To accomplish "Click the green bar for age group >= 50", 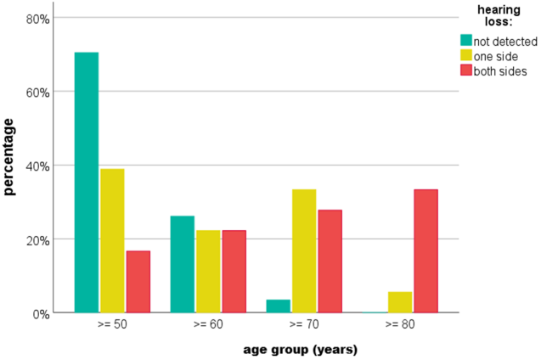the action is pos(87,183).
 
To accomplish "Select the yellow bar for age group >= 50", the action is pos(112,240).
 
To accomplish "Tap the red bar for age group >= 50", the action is pos(138,282).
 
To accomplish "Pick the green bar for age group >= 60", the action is pos(183,264).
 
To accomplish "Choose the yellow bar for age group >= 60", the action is pos(208,272).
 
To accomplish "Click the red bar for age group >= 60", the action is pos(234,272).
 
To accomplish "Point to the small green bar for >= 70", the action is pos(279,307).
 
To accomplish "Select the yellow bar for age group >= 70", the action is pos(304,251).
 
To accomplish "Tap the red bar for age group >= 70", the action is pos(330,261).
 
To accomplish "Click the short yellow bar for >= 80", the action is pos(400,302).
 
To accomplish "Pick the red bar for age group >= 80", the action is pos(426,251).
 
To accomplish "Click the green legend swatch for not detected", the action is pos(466,40).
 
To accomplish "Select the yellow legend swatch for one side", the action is pos(466,55).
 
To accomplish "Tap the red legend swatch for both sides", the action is pos(466,70).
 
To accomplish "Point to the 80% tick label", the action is pos(37,19).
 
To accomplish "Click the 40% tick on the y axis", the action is pos(37,166).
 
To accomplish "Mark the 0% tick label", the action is pos(41,314).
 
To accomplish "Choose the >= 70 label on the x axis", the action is pos(304,324).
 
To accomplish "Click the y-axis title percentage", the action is pos(8,157).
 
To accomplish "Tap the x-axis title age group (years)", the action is pos(300,350).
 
